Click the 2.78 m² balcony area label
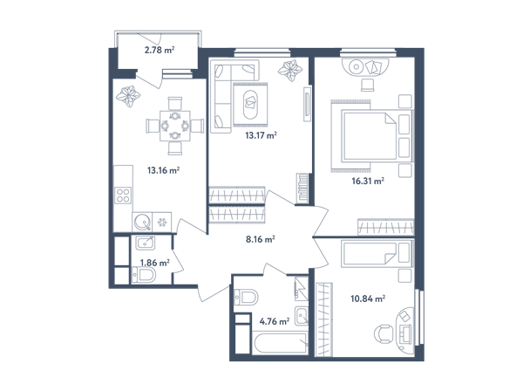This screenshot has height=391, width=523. coord(160,50)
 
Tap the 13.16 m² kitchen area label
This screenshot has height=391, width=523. coord(164,170)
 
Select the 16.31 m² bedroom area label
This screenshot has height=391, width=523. coord(368,182)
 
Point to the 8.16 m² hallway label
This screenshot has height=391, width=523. coord(260,239)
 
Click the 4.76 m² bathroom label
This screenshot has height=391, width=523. coord(275,321)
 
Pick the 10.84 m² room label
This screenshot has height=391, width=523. coord(368,298)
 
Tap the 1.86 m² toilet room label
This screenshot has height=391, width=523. coord(155,263)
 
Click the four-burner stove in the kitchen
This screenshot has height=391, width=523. coord(123,195)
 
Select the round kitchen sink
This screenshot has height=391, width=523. coord(142,222)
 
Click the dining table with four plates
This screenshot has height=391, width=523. coord(175,126)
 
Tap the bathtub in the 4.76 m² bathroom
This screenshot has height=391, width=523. coord(280,343)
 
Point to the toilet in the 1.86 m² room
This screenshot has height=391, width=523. coord(144,276)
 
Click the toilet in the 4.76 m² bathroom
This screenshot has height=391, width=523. coord(246,297)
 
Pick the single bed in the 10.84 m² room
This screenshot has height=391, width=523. coord(377,254)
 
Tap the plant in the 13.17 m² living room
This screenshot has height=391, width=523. coord(290,71)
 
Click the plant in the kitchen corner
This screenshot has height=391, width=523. coord(128,97)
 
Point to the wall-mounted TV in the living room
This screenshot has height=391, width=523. coord(307,104)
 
